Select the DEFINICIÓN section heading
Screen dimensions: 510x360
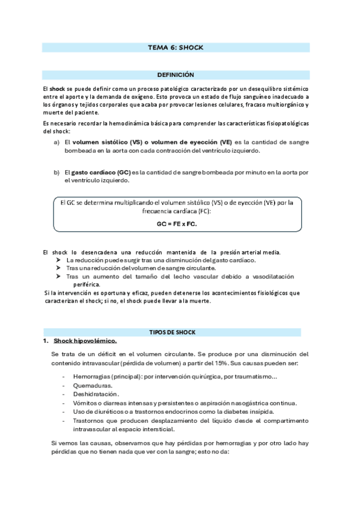[175, 75]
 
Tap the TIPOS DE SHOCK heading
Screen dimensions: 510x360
[176, 332]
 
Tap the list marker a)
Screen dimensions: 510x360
[56, 143]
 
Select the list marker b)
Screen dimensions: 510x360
[56, 172]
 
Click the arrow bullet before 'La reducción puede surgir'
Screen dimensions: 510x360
[58, 260]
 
